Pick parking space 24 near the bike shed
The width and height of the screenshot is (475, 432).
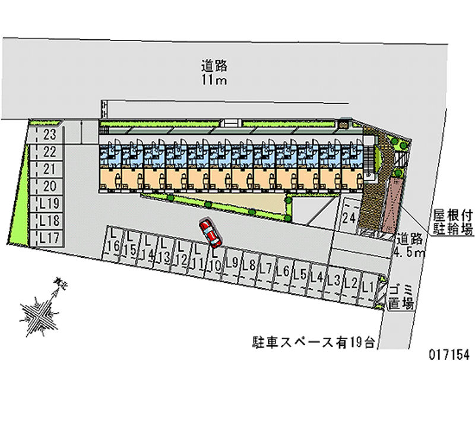point(350,218)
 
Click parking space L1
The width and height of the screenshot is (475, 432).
point(368,287)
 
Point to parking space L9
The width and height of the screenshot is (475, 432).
point(232,263)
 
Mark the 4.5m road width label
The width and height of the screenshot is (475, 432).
point(410,245)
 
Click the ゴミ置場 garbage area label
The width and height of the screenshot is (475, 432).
point(401,297)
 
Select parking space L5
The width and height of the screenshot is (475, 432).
point(300,275)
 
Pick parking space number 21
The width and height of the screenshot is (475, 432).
point(50,169)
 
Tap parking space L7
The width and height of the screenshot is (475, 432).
point(266,269)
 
